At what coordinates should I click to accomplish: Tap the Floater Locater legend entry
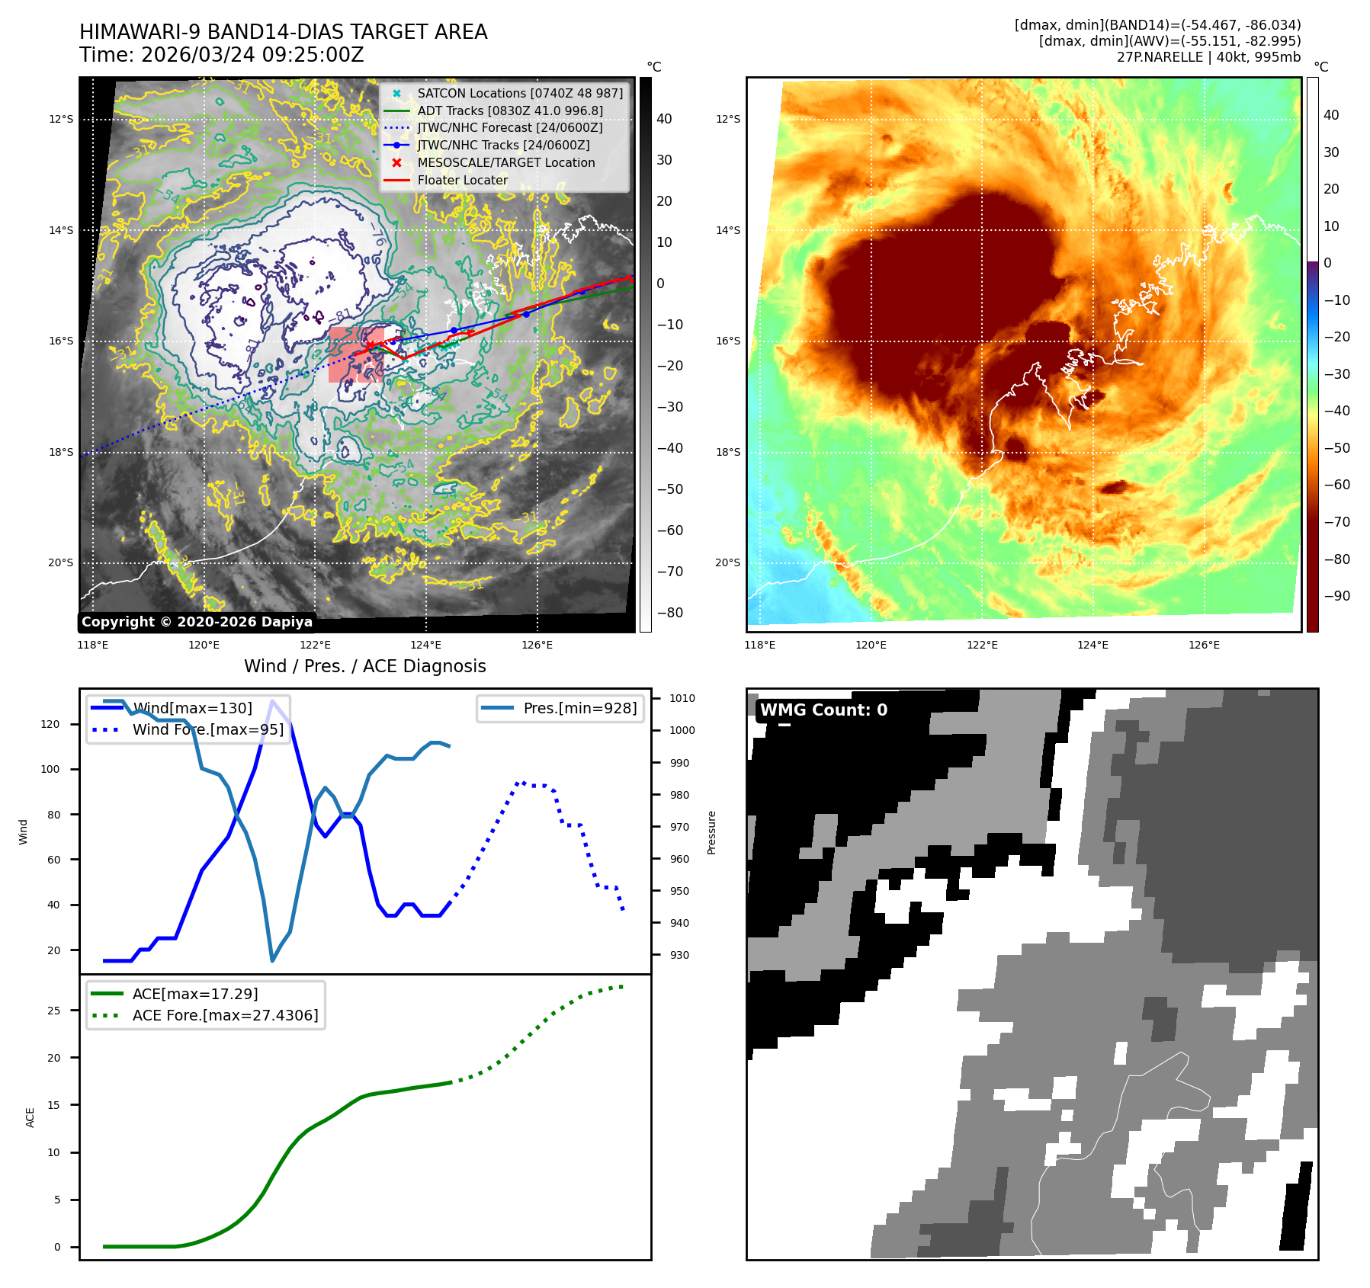coord(462,180)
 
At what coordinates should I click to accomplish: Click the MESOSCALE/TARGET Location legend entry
coord(506,162)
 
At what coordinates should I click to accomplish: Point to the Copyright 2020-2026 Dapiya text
coord(197,622)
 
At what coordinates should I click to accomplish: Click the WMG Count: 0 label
coord(823,710)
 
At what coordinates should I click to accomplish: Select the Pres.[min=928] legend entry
coord(579,708)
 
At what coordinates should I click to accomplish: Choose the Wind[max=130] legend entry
coord(192,708)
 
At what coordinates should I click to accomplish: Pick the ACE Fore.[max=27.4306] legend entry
coord(225,1015)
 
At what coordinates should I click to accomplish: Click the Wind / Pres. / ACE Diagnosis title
coord(364,666)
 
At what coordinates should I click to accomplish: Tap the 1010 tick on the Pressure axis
coord(682,698)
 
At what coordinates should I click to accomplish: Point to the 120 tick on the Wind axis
coord(50,724)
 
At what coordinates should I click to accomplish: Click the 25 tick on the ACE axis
coord(53,1011)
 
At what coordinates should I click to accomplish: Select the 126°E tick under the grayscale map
coord(537,645)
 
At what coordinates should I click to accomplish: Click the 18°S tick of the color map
coord(727,452)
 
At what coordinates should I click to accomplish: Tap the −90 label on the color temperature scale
coord(1336,596)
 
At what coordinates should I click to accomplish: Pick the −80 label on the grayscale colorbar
coord(670,613)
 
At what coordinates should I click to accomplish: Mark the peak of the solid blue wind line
coord(272,701)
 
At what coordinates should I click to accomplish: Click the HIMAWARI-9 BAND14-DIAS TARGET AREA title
coord(283,32)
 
